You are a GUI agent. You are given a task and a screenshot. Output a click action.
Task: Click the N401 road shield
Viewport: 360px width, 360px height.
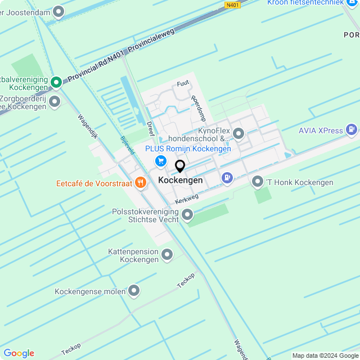click(232, 5)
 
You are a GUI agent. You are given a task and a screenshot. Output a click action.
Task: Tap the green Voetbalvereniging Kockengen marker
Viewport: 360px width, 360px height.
click(56, 82)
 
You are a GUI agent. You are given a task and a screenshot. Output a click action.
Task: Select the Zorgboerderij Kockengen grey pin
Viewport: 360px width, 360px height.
click(55, 102)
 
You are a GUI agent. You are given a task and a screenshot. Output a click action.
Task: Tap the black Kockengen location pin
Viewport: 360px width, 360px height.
click(180, 166)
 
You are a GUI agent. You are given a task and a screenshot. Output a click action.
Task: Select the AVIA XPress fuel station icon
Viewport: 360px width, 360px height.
click(352, 130)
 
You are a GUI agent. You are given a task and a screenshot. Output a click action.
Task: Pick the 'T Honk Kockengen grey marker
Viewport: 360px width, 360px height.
click(258, 182)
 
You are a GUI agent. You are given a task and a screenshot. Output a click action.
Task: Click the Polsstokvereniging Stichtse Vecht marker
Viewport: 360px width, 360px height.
click(187, 215)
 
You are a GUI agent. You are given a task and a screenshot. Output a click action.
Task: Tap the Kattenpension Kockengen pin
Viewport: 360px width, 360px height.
click(167, 255)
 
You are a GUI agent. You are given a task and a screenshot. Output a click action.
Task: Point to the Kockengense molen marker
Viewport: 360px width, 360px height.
click(134, 291)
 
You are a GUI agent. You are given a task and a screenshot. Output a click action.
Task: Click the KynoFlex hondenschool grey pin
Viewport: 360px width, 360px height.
click(238, 134)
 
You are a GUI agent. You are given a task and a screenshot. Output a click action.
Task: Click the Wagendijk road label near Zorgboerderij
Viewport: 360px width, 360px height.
click(88, 128)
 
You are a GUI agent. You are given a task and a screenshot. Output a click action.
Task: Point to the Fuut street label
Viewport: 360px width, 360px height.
click(183, 83)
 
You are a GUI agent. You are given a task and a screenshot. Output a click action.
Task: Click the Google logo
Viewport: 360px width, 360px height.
click(19, 353)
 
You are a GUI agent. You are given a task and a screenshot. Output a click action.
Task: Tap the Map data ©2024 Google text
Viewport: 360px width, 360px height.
click(325, 355)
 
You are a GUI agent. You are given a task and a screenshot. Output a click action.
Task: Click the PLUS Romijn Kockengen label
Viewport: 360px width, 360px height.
click(188, 148)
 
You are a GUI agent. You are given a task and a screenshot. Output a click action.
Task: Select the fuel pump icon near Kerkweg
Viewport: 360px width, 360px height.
click(227, 178)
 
